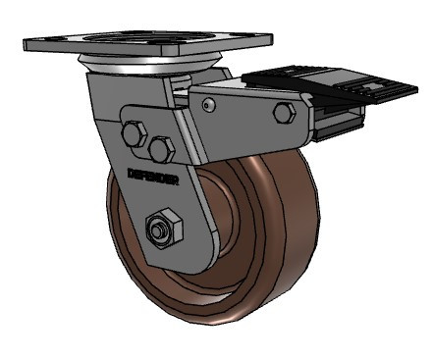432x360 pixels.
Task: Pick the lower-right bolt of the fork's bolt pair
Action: pos(162,149)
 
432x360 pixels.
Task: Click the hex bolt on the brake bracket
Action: pos(285,111)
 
